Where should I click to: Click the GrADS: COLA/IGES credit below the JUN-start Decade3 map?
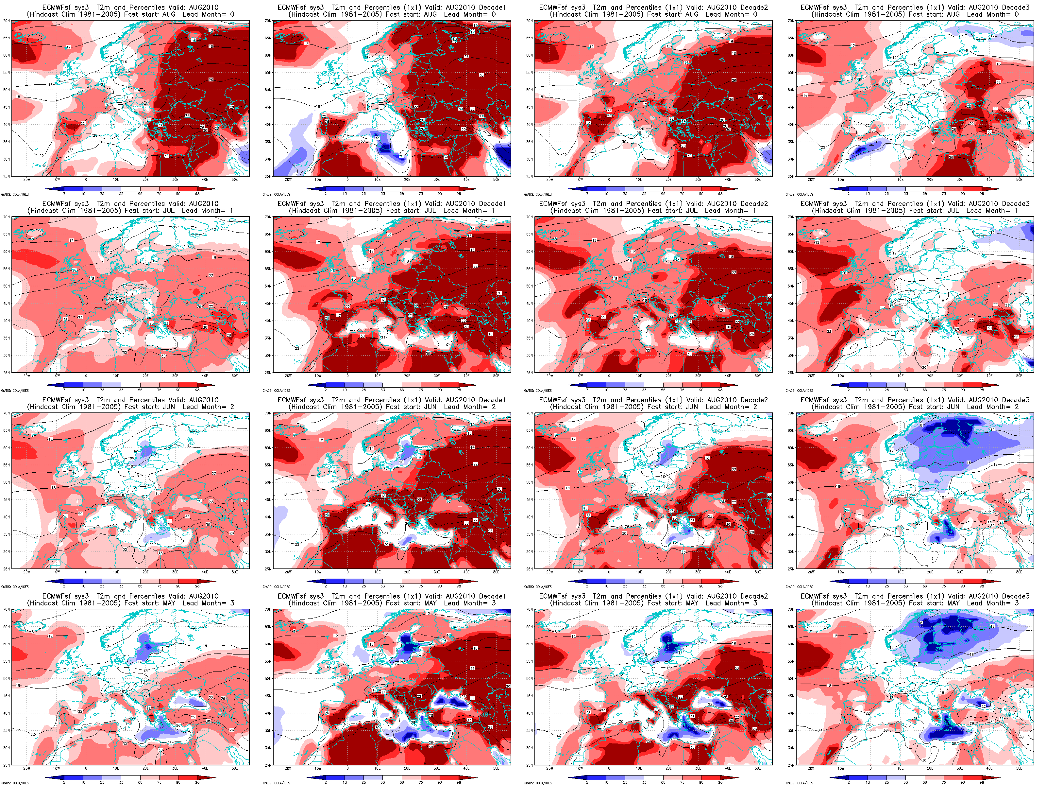pos(799,587)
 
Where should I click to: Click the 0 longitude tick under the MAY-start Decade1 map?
pos(347,768)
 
